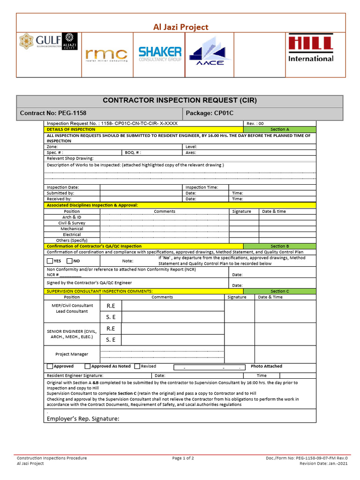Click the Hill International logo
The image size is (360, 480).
click(x=311, y=48)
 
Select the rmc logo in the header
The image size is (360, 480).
click(x=106, y=55)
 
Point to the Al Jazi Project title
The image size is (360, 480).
click(x=181, y=27)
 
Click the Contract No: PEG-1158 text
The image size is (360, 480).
click(x=53, y=113)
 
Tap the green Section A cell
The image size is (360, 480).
click(x=279, y=129)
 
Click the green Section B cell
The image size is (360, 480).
click(x=279, y=246)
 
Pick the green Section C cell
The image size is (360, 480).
click(x=279, y=291)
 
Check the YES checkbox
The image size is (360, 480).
click(x=50, y=261)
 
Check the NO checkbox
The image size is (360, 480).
click(x=69, y=261)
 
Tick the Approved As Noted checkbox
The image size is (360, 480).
click(x=88, y=367)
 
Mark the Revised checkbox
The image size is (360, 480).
click(x=137, y=367)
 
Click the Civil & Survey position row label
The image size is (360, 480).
click(x=72, y=223)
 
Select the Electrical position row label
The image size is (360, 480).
click(x=72, y=234)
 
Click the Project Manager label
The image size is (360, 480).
click(x=72, y=354)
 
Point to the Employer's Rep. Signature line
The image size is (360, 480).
click(x=83, y=419)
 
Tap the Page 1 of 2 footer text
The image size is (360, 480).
click(x=183, y=458)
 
